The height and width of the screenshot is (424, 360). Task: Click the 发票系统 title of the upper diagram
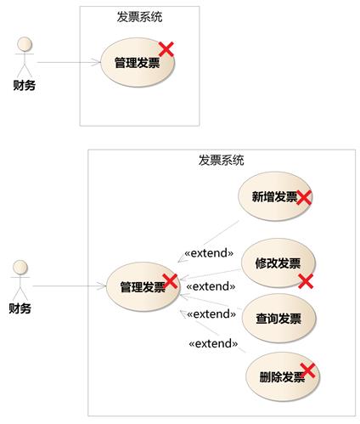tap(139, 17)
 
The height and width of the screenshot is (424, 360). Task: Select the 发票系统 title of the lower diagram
tap(221, 160)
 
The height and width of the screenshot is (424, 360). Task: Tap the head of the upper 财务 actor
tap(25, 44)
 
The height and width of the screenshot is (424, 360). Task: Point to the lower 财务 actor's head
tap(20, 268)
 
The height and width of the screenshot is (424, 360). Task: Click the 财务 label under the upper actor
tap(25, 85)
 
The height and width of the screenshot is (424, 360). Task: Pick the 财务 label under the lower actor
tap(20, 308)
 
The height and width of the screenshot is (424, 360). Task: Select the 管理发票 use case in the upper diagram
tap(138, 62)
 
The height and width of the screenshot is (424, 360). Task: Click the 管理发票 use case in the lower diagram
tap(143, 286)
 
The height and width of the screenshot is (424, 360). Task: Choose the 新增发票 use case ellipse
tap(275, 196)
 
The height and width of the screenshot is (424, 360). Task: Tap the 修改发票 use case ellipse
tap(278, 263)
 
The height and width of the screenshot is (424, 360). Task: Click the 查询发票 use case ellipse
tap(278, 319)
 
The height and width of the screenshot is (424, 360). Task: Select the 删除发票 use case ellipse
tap(283, 376)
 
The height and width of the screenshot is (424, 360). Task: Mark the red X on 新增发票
tap(304, 197)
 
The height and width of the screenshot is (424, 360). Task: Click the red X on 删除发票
tap(307, 370)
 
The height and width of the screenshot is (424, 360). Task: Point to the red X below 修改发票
tap(306, 281)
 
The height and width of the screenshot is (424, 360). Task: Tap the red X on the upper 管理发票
tap(166, 49)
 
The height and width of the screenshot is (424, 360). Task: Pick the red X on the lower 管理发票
tap(170, 281)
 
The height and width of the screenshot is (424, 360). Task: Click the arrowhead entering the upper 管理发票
tap(96, 62)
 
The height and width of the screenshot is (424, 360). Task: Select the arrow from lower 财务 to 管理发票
tap(70, 286)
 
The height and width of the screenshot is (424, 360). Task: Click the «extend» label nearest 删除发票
tap(213, 343)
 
